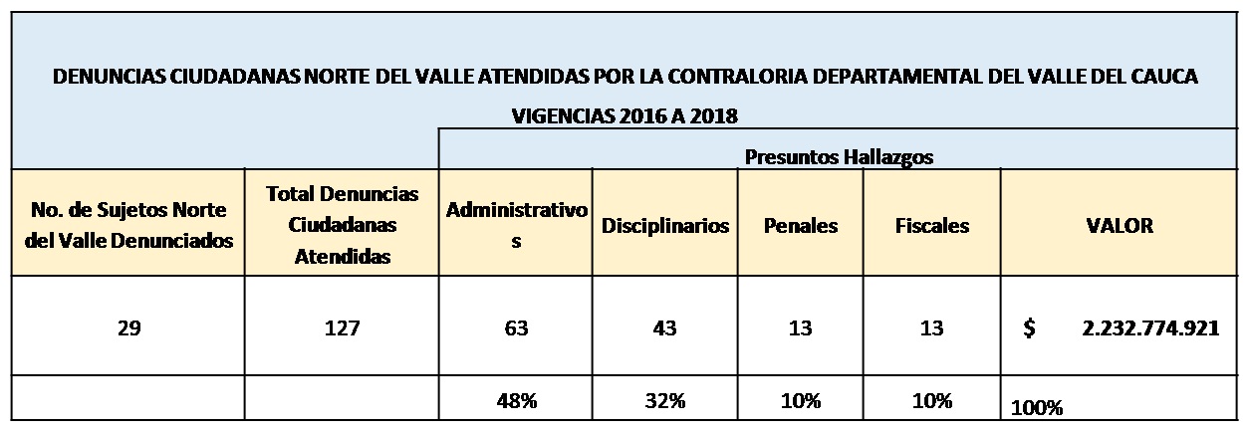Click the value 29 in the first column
click(x=126, y=328)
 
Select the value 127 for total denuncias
click(x=342, y=328)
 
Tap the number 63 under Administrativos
click(x=515, y=328)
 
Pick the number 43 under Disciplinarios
click(x=664, y=328)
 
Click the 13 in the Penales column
click(x=800, y=328)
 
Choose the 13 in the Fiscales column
click(x=931, y=328)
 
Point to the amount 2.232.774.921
click(x=1150, y=328)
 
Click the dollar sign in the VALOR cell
click(x=1029, y=328)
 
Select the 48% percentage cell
click(x=517, y=401)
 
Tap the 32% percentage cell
click(x=664, y=401)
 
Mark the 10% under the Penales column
click(x=801, y=401)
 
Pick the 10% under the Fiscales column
click(x=931, y=401)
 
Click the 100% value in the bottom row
click(x=1037, y=406)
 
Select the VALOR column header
click(x=1120, y=225)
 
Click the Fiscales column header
click(x=931, y=225)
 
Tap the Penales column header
click(x=800, y=225)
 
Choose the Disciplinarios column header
click(x=664, y=225)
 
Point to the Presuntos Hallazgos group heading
click(x=838, y=156)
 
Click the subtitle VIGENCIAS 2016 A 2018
click(x=624, y=115)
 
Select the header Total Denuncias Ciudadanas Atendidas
click(x=342, y=224)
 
